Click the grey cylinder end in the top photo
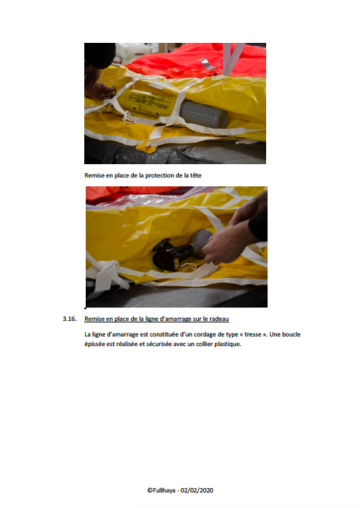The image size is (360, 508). [x=203, y=115]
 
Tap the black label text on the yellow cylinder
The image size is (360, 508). [x=151, y=101]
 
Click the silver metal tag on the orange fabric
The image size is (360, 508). [x=207, y=64]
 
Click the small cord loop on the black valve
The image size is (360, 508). [x=187, y=266]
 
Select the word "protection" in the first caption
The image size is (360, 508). [x=159, y=175]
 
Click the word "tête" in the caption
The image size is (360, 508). [x=196, y=175]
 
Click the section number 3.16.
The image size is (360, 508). [x=69, y=319]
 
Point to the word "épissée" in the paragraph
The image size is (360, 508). [x=95, y=344]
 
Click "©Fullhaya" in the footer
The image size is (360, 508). [x=161, y=490]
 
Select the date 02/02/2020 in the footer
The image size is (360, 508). [x=197, y=490]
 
